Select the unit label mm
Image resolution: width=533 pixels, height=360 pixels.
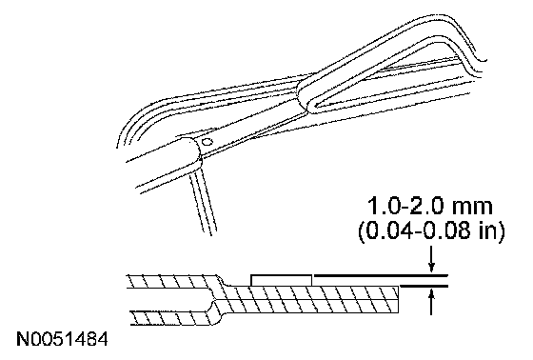pos(473,209)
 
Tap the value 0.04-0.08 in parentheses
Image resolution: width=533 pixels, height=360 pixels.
pos(416,231)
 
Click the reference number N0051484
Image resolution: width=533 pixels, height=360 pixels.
pos(62,339)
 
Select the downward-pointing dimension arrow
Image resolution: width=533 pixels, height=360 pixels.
pos(431,260)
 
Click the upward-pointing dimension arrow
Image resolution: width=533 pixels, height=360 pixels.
pos(431,302)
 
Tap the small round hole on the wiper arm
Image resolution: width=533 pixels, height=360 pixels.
pos(207,142)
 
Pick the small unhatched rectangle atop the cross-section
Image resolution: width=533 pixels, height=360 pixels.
pos(281,280)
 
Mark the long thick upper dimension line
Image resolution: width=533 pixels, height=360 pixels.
pos(381,274)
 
